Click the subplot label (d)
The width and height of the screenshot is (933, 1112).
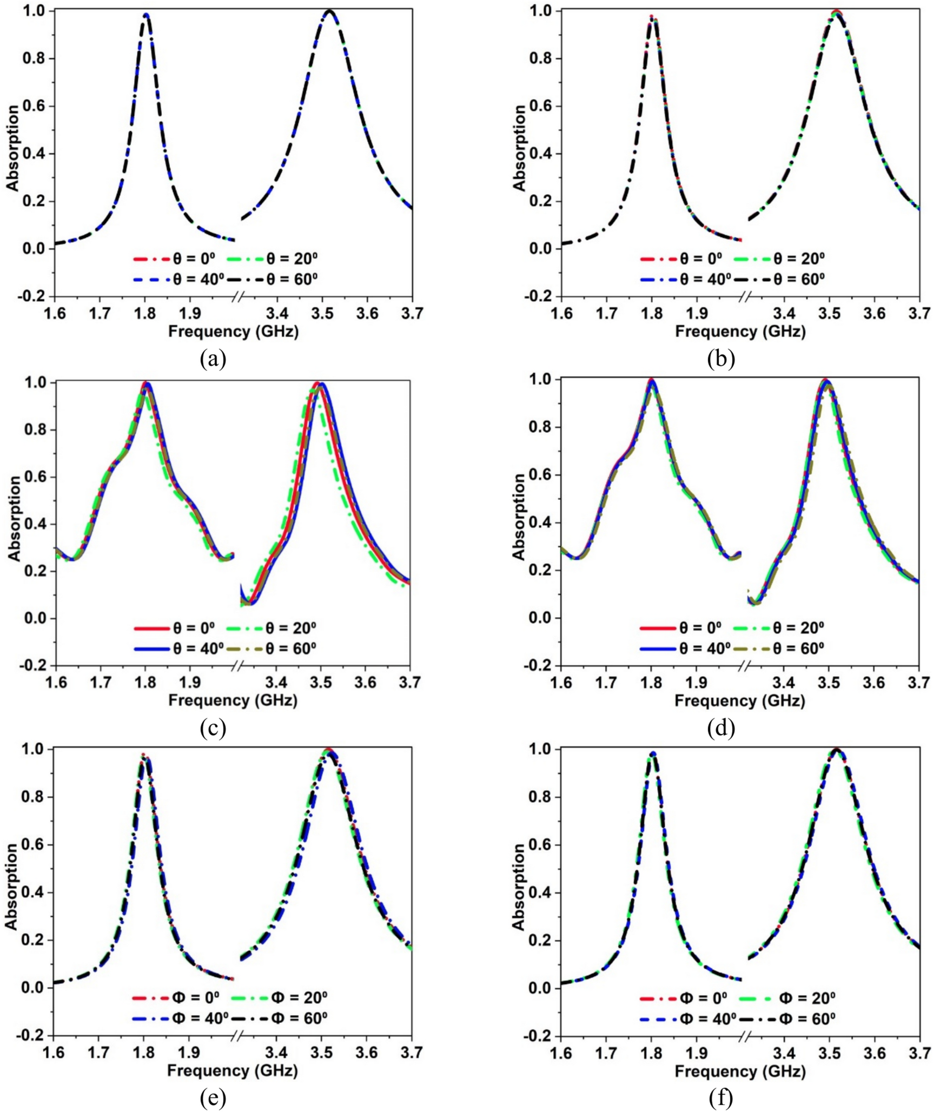pyautogui.click(x=720, y=729)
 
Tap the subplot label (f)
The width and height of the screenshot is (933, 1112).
pyautogui.click(x=720, y=1097)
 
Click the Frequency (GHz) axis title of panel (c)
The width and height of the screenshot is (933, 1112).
pyautogui.click(x=233, y=700)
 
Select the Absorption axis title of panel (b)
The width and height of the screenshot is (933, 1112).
pyautogui.click(x=520, y=149)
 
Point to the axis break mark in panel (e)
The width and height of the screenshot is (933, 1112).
pyautogui.click(x=237, y=1036)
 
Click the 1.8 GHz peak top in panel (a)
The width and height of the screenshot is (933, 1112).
pyautogui.click(x=145, y=15)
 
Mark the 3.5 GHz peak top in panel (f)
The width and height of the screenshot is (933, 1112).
pyautogui.click(x=836, y=750)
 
